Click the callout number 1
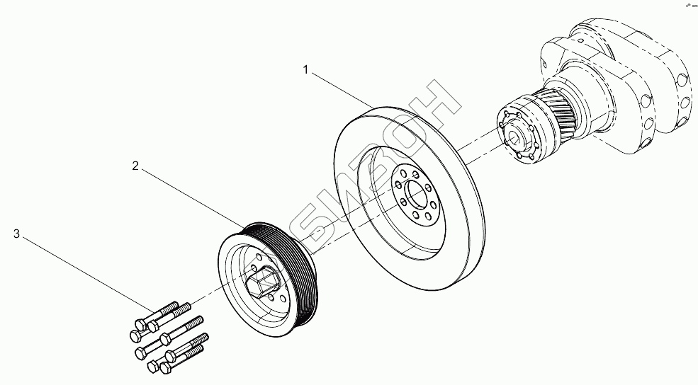point(306,69)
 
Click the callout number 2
point(135,166)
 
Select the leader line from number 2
point(191,197)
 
